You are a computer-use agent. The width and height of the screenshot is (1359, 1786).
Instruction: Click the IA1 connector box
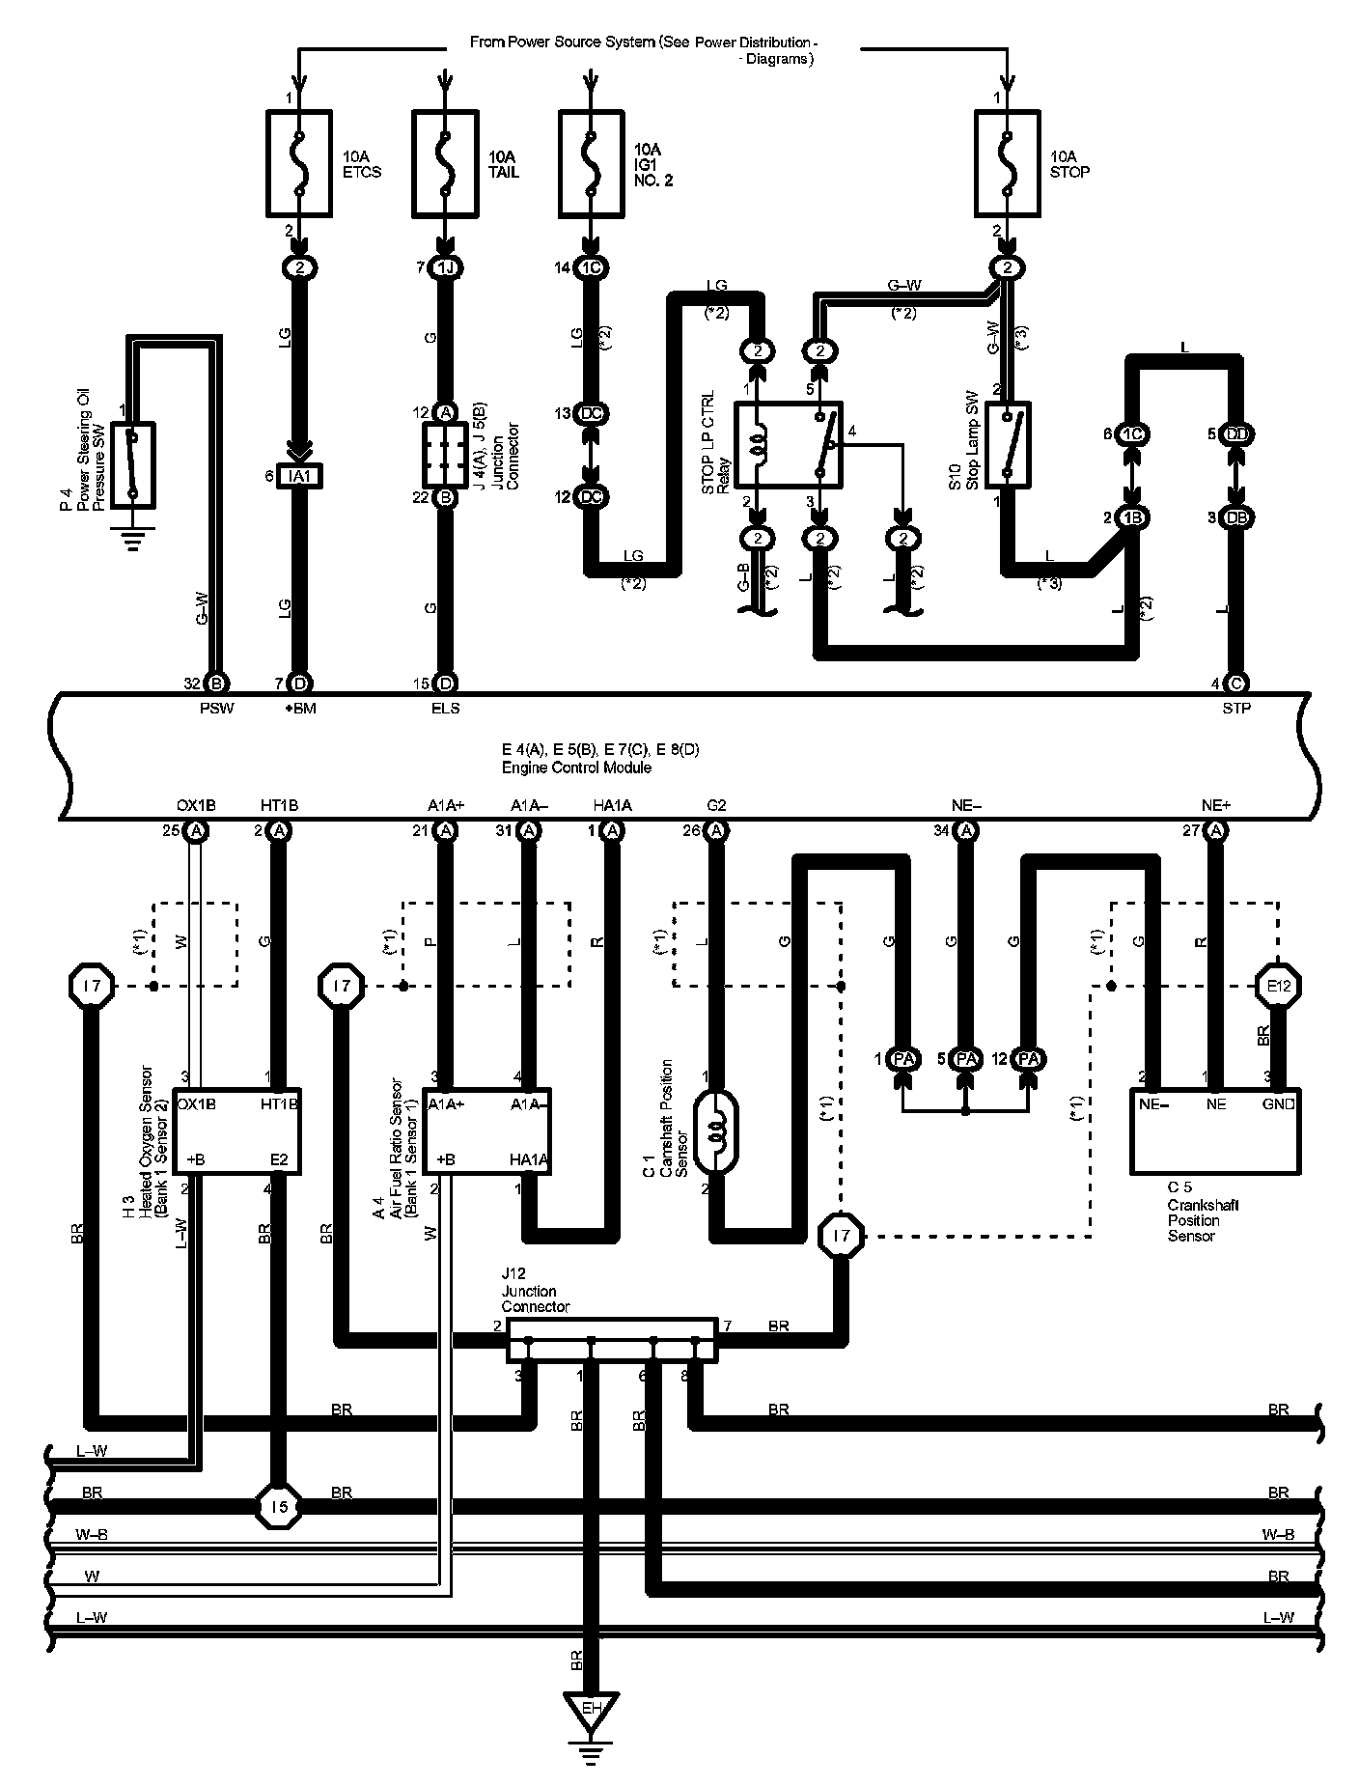(298, 475)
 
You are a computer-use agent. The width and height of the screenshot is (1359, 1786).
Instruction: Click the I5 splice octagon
(279, 1505)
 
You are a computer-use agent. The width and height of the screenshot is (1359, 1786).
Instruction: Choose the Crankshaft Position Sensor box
(1214, 1130)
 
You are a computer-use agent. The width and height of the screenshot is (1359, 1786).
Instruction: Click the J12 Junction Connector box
(612, 1339)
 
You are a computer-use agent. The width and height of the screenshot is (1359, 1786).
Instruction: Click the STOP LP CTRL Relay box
(788, 443)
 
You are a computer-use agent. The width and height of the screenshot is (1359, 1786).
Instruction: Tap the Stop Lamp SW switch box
(1008, 443)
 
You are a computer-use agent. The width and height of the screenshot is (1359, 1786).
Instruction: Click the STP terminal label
(1235, 709)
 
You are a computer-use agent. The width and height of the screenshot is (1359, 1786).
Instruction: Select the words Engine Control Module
(576, 767)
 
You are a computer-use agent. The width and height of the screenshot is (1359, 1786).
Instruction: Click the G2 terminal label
(715, 805)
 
